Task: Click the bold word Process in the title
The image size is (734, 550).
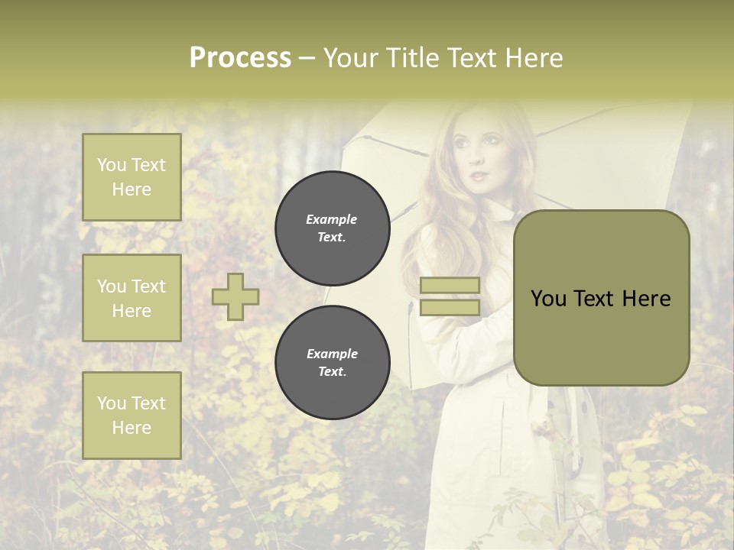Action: click(240, 58)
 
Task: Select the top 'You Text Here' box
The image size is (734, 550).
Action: click(132, 177)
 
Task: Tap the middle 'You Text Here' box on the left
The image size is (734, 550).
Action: click(132, 298)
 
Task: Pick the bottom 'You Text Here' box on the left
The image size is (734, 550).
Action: click(132, 416)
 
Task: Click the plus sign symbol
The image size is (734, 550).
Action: click(235, 296)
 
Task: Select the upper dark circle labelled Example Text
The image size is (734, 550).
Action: click(333, 228)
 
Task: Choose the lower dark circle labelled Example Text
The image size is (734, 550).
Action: click(333, 363)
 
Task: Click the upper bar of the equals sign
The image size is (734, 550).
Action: click(450, 285)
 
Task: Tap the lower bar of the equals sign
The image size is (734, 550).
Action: click(450, 307)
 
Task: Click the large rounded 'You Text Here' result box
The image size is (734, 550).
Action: click(601, 298)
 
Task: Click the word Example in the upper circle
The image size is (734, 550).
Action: click(331, 219)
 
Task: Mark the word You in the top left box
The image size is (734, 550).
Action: click(112, 165)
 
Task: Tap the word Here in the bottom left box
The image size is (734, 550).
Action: click(132, 428)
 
